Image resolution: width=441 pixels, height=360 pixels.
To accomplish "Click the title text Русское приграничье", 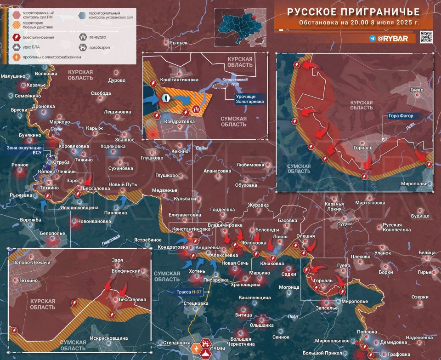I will [354, 11].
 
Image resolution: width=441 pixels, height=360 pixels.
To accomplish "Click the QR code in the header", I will [426, 37].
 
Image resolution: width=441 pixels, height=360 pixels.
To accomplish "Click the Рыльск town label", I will [178, 43].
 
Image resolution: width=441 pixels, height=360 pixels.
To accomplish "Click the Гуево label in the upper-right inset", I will [416, 90].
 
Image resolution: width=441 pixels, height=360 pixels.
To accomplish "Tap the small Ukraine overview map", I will [241, 23].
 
